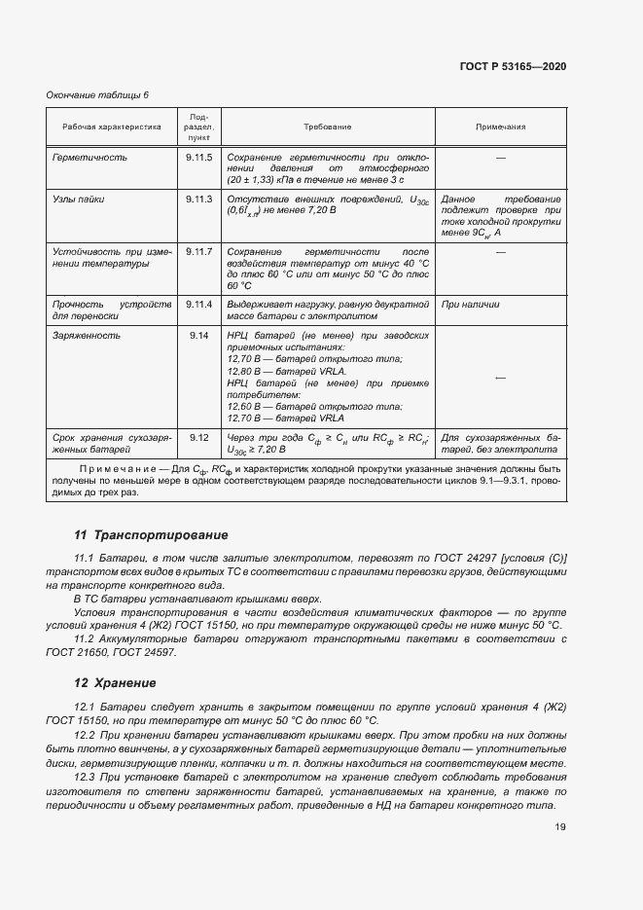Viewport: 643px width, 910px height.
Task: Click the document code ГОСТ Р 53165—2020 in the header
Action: (513, 66)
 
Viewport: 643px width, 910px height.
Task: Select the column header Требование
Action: (327, 127)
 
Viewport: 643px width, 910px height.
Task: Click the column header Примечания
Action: (500, 127)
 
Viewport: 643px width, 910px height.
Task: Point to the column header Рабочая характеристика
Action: (111, 127)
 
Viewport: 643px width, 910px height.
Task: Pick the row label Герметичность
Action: (89, 157)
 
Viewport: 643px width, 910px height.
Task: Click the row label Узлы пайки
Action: (78, 199)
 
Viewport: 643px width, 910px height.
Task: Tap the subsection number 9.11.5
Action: (198, 157)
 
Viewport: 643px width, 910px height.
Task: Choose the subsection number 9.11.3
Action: (198, 199)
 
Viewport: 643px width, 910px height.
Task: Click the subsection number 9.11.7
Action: (198, 252)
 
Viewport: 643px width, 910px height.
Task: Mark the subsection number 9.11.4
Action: (198, 305)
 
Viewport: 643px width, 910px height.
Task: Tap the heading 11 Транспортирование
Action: (151, 535)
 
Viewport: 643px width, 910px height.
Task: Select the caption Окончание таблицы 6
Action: (98, 94)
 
